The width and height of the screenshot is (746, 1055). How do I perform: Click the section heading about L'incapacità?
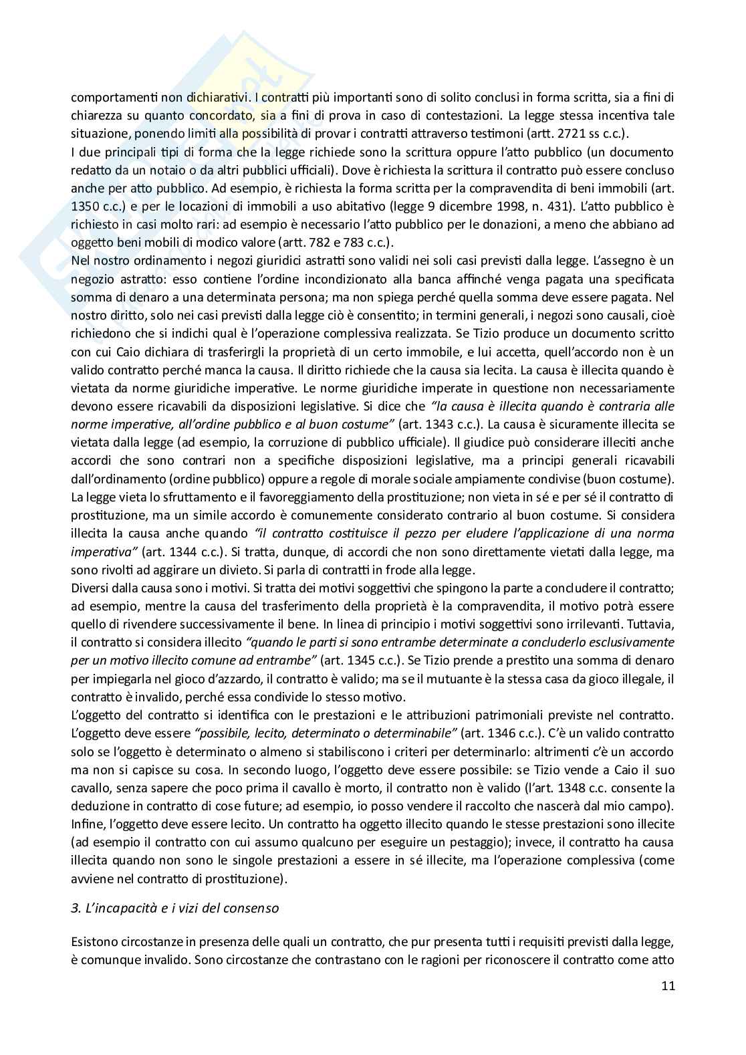[174, 908]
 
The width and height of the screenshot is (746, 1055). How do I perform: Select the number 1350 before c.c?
[85, 206]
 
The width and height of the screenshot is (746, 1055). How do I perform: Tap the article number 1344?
[178, 552]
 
